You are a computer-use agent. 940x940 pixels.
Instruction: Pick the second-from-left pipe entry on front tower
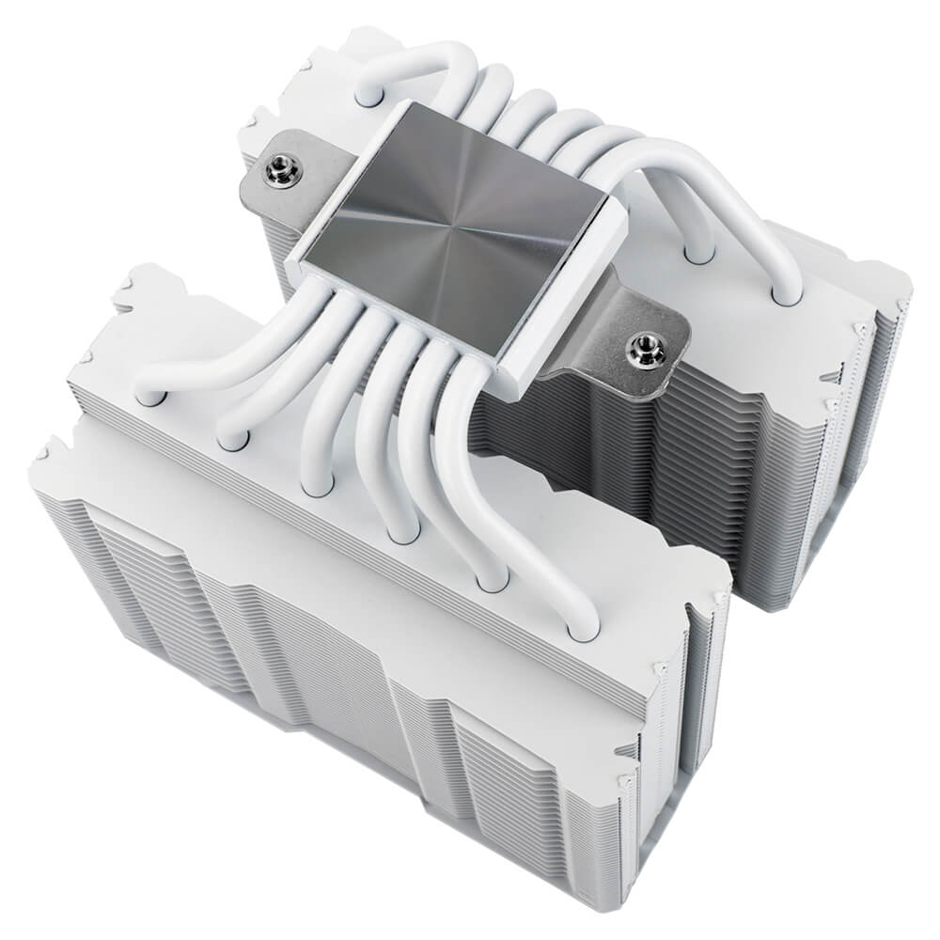click(x=233, y=438)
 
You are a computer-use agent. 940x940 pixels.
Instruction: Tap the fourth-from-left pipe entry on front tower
click(x=403, y=532)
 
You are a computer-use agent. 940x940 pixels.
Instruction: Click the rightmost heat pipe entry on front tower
click(x=584, y=627)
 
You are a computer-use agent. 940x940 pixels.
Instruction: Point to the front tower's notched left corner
click(x=47, y=461)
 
